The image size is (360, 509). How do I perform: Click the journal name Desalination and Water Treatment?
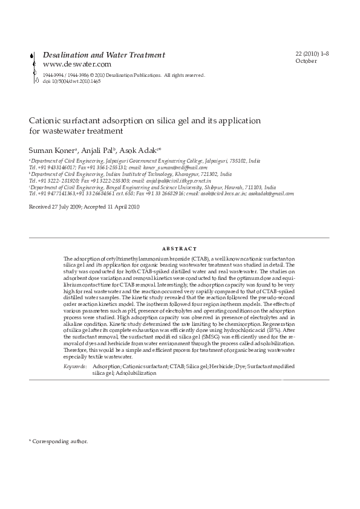pos(103,55)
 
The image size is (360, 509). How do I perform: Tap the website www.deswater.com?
pos(77,64)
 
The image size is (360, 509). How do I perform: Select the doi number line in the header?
pos(71,81)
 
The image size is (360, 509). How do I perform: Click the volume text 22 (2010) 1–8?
pos(312,54)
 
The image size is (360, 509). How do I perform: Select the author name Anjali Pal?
pos(90,149)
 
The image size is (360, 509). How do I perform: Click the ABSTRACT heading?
pos(180,248)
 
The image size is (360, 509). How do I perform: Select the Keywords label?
pos(74,367)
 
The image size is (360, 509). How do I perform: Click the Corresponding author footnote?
pos(59,441)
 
